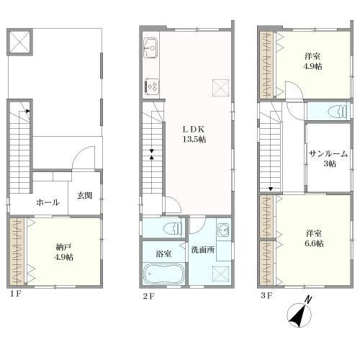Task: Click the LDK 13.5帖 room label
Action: (x=194, y=135)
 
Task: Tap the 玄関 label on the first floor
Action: (x=84, y=196)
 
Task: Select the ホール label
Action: (x=48, y=202)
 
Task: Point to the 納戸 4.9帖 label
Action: (x=63, y=252)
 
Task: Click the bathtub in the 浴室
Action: (x=164, y=274)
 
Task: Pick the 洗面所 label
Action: (x=203, y=250)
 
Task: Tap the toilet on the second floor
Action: (x=172, y=228)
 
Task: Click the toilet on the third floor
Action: (x=338, y=111)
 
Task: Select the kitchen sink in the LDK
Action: (x=150, y=48)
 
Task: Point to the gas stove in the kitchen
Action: (x=152, y=86)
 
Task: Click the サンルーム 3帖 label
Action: (x=328, y=158)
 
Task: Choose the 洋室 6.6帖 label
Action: (x=314, y=238)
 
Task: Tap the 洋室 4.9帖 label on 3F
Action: (x=312, y=61)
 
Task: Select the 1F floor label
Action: (x=15, y=294)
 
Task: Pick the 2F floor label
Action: (x=148, y=296)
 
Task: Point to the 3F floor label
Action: (x=266, y=295)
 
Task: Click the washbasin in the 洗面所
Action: (x=223, y=230)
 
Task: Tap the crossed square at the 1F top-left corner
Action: (x=20, y=42)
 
